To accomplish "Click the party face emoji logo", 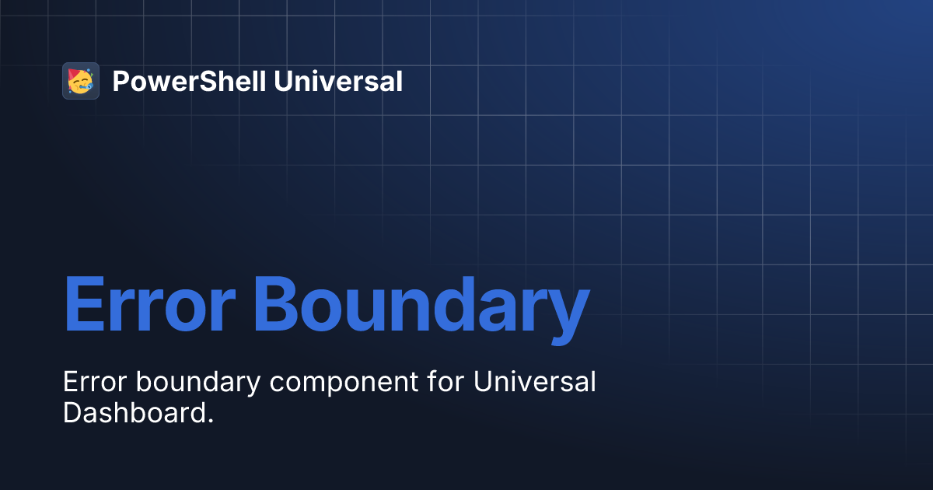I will [x=81, y=81].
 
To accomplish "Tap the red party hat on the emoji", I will [x=75, y=74].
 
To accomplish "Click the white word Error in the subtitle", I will [x=88, y=382].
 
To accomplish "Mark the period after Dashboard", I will [x=210, y=421].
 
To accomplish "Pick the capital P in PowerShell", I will [x=121, y=81].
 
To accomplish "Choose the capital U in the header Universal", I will [x=283, y=81].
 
